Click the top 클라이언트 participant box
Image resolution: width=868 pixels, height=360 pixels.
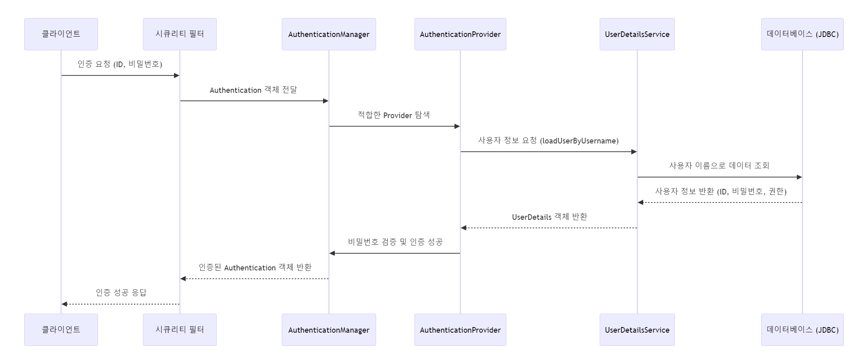[x=61, y=34]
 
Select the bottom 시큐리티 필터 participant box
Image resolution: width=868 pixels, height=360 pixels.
[x=180, y=330]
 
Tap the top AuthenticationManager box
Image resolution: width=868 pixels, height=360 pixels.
[x=329, y=34]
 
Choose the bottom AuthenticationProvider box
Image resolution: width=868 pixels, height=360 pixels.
[x=460, y=330]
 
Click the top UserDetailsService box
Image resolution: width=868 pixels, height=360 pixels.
[x=637, y=34]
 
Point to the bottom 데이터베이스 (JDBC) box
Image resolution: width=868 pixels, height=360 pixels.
[x=802, y=330]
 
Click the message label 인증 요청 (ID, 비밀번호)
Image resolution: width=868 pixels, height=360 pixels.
[x=120, y=64]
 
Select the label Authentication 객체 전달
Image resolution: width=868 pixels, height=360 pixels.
[x=254, y=90]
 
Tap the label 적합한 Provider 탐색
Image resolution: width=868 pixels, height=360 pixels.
[x=394, y=115]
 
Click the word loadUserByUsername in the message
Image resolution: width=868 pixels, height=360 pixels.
[x=579, y=141]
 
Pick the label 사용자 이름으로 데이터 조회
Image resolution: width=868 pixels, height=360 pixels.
[x=719, y=166]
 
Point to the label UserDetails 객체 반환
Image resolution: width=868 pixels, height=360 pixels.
[x=549, y=217]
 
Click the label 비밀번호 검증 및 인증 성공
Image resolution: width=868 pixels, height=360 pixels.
[x=395, y=242]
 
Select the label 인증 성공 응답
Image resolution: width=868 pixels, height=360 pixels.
[x=121, y=292]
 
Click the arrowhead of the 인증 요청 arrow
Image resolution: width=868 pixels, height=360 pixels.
[x=177, y=76]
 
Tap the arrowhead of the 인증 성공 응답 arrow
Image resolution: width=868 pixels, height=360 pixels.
[x=64, y=304]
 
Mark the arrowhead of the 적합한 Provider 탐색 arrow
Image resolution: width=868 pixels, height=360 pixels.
[x=457, y=126]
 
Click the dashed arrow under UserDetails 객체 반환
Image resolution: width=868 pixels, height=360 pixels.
[x=549, y=228]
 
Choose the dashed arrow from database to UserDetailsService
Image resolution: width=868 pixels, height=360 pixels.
[x=720, y=202]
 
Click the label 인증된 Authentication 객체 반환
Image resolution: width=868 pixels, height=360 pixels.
[x=255, y=268]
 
